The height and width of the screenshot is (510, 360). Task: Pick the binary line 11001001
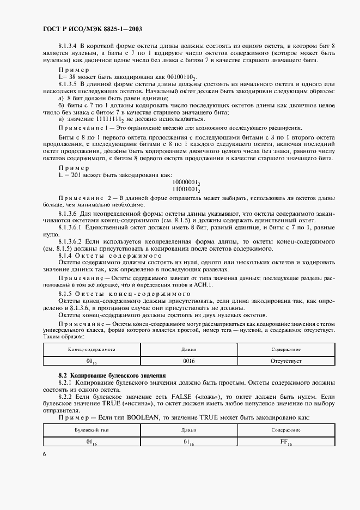tap(187, 190)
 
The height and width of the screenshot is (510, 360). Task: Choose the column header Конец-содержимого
tap(91, 349)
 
